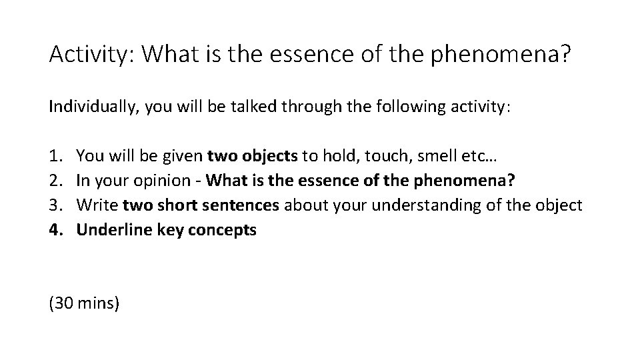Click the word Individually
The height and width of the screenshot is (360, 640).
(x=85, y=107)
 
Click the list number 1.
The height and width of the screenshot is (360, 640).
(x=54, y=157)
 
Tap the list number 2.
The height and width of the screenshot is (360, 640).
(x=54, y=181)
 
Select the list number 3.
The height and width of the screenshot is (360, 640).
(x=54, y=205)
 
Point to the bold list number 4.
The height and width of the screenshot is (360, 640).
(x=54, y=230)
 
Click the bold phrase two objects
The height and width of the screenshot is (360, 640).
(x=253, y=157)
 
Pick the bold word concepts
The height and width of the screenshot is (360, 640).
(x=225, y=230)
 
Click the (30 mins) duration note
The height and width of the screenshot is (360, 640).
(x=84, y=303)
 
